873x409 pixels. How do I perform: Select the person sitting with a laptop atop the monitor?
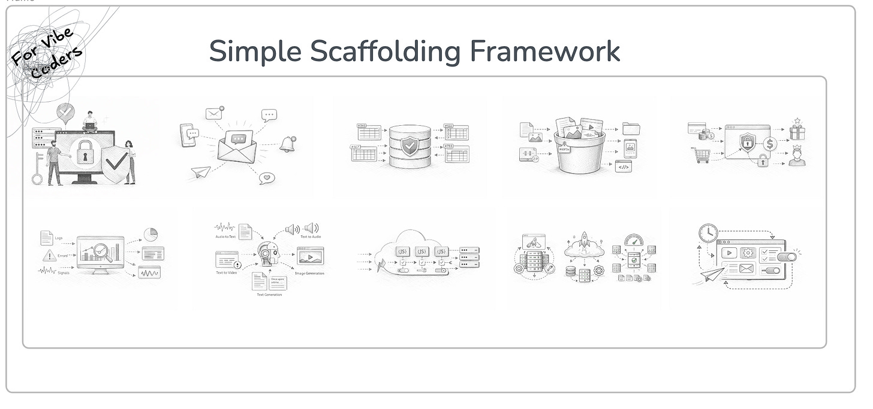[x=90, y=122]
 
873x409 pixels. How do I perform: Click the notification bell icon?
[x=288, y=144]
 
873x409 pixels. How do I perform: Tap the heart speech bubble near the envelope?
[x=267, y=178]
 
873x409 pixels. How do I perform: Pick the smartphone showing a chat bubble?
[x=187, y=135]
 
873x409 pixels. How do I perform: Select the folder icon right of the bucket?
[x=631, y=128]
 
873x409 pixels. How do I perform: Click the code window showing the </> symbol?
[x=623, y=167]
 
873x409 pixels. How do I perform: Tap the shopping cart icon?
[x=700, y=155]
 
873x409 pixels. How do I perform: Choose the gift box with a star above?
[x=797, y=130]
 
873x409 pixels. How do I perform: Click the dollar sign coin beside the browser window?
[x=770, y=144]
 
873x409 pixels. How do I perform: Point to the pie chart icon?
[x=150, y=234]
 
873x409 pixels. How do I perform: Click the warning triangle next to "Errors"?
[x=49, y=256]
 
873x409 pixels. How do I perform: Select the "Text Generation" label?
[x=269, y=295]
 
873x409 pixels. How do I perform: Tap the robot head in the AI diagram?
[x=267, y=254]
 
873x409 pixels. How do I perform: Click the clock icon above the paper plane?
[x=708, y=233]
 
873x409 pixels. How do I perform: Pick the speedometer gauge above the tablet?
[x=633, y=241]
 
